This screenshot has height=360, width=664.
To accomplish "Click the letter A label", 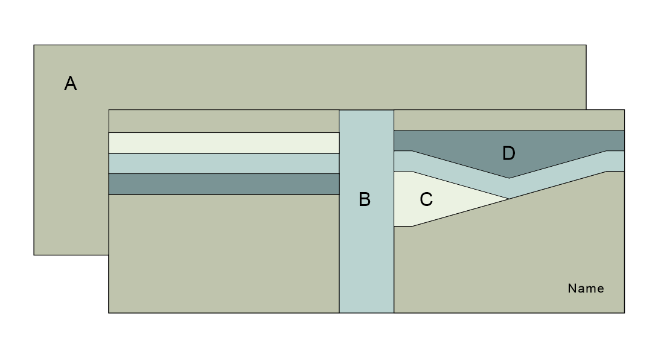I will [x=71, y=84].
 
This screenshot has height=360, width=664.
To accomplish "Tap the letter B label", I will [x=365, y=199].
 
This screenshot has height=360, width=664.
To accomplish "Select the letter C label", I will [x=426, y=199].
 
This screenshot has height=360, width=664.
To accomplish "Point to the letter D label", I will [x=509, y=153].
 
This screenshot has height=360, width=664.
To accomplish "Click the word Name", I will [x=586, y=289].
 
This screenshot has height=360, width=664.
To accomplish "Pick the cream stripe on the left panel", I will [x=223, y=143].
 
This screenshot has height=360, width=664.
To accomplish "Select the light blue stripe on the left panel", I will [x=223, y=163].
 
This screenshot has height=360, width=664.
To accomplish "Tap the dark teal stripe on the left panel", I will [x=223, y=184].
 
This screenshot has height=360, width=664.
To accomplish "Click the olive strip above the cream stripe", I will [x=223, y=121].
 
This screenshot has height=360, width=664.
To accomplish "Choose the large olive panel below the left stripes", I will [x=223, y=254].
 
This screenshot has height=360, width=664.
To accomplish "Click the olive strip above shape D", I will [x=509, y=120].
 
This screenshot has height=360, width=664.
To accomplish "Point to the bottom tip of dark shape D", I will [x=509, y=177].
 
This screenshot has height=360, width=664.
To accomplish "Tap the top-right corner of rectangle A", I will [x=586, y=45].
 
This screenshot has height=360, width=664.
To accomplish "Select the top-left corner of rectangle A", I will [x=34, y=45].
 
